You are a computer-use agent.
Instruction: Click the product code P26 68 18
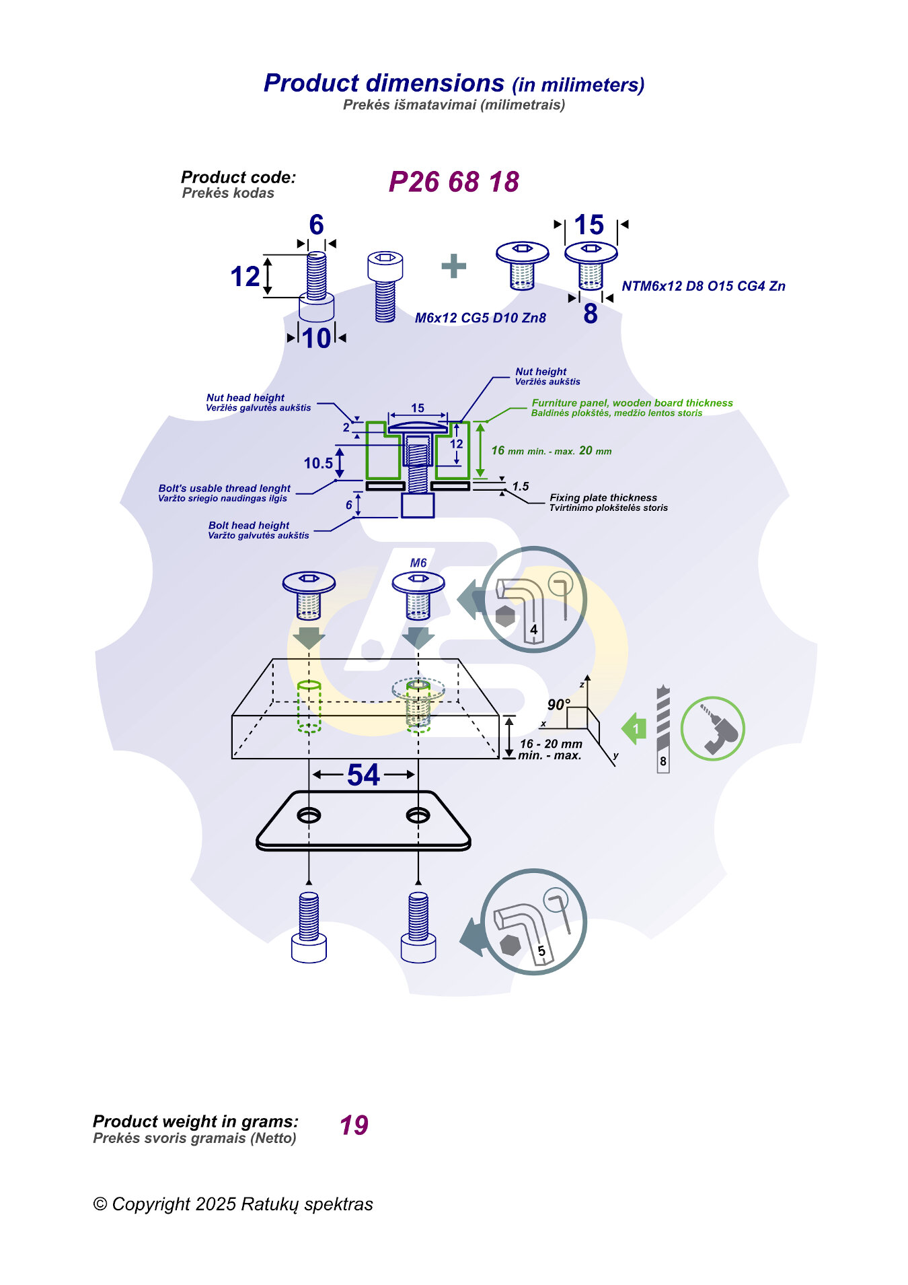pyautogui.click(x=454, y=182)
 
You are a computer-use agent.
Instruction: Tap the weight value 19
pyautogui.click(x=354, y=1125)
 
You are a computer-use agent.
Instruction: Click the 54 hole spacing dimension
pyautogui.click(x=363, y=775)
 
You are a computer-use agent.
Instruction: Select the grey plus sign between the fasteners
pyautogui.click(x=454, y=266)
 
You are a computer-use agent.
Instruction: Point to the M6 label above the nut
pyautogui.click(x=418, y=563)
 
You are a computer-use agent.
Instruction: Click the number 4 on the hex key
pyautogui.click(x=533, y=629)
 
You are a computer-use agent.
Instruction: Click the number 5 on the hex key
pyautogui.click(x=541, y=951)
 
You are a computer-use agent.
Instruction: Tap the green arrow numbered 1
pyautogui.click(x=634, y=728)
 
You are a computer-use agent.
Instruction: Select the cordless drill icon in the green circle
pyautogui.click(x=713, y=729)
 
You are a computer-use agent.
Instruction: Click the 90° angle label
pyautogui.click(x=558, y=705)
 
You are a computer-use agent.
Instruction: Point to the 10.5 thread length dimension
pyautogui.click(x=318, y=463)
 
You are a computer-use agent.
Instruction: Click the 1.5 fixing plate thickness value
pyautogui.click(x=521, y=486)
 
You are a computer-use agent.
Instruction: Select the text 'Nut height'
pyautogui.click(x=541, y=372)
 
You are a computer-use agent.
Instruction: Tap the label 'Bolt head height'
pyautogui.click(x=249, y=525)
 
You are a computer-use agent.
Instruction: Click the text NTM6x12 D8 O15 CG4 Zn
pyautogui.click(x=704, y=286)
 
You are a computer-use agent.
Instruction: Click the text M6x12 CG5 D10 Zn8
pyautogui.click(x=480, y=318)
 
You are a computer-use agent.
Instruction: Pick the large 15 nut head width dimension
pyautogui.click(x=589, y=225)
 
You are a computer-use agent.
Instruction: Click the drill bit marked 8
pyautogui.click(x=663, y=730)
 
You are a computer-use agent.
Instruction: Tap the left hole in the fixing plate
pyautogui.click(x=309, y=815)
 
